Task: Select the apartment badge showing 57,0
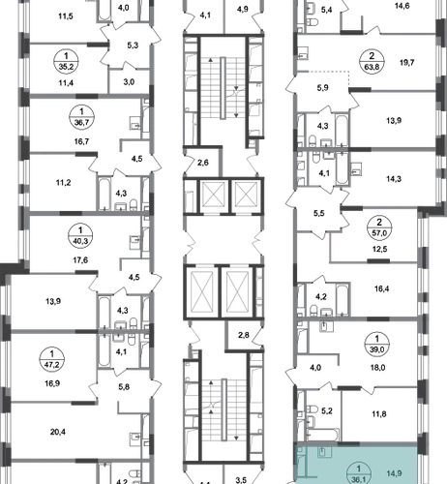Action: pyautogui.click(x=379, y=227)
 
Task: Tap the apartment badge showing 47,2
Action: pyautogui.click(x=52, y=359)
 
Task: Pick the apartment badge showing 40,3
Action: pyautogui.click(x=80, y=236)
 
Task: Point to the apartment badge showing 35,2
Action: pyautogui.click(x=67, y=62)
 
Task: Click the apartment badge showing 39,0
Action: pyautogui.click(x=377, y=345)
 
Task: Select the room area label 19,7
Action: pyautogui.click(x=406, y=63)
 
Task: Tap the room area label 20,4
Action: pyautogui.click(x=58, y=432)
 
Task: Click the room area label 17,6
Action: pyautogui.click(x=80, y=259)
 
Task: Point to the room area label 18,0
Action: pyautogui.click(x=378, y=368)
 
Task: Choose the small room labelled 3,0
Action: pyautogui.click(x=129, y=82)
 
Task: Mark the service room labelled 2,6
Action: pyautogui.click(x=203, y=163)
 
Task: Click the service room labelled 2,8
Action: pyautogui.click(x=244, y=335)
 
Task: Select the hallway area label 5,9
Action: pyautogui.click(x=322, y=88)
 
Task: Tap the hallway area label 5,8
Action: pyautogui.click(x=124, y=386)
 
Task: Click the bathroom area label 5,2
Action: pyautogui.click(x=327, y=410)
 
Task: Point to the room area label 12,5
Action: pyautogui.click(x=380, y=249)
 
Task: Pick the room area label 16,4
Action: pyautogui.click(x=381, y=288)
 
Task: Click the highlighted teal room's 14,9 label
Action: pyautogui.click(x=394, y=473)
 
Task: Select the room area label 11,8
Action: pyautogui.click(x=379, y=413)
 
